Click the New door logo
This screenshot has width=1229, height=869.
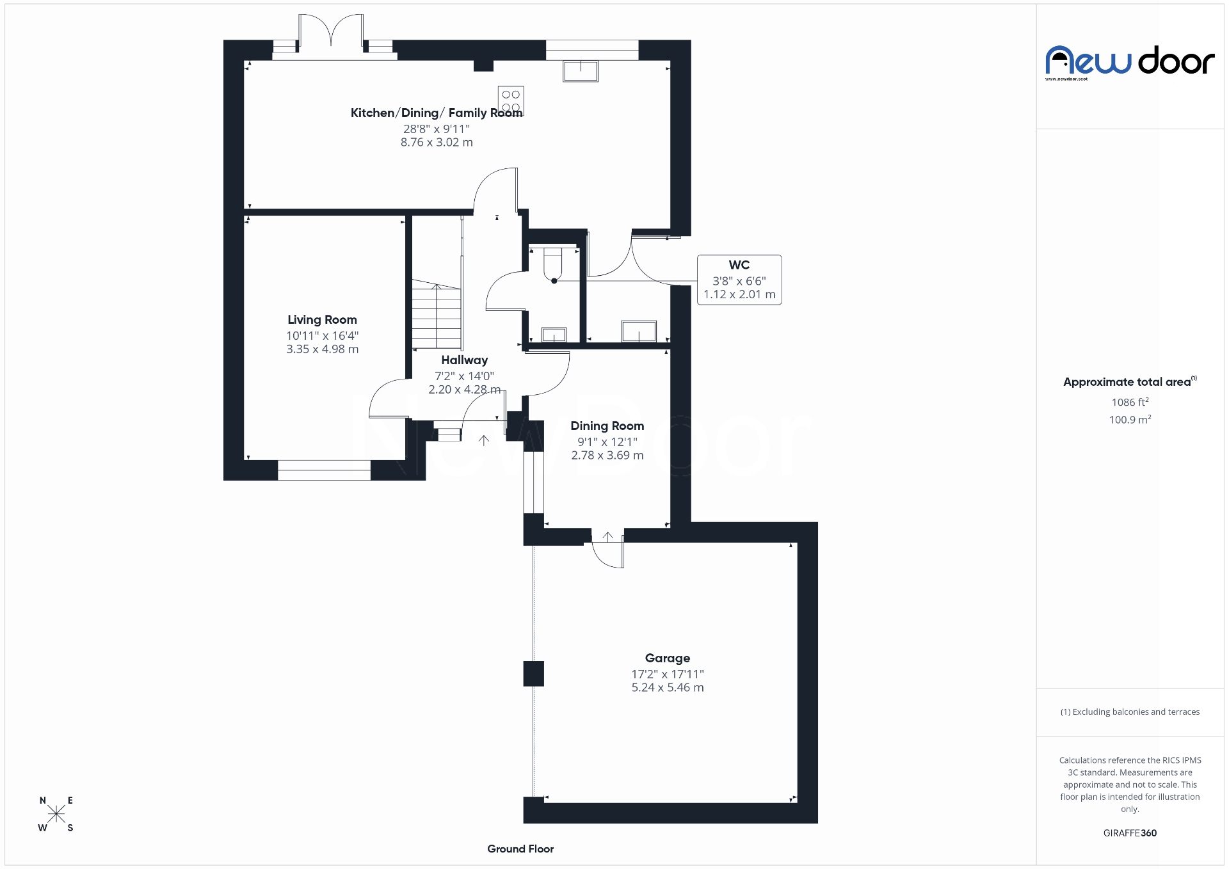pyautogui.click(x=1130, y=61)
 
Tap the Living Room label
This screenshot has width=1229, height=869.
pyautogui.click(x=322, y=320)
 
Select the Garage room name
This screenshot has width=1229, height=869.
pyautogui.click(x=667, y=658)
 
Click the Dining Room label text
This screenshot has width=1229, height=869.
pyautogui.click(x=607, y=426)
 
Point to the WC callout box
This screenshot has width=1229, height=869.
pyautogui.click(x=739, y=280)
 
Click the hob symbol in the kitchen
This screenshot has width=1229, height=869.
pyautogui.click(x=511, y=101)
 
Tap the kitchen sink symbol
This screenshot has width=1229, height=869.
pyautogui.click(x=581, y=70)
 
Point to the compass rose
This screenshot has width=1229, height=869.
pyautogui.click(x=56, y=814)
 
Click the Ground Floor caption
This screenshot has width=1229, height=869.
pyautogui.click(x=520, y=849)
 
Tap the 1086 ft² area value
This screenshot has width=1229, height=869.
pyautogui.click(x=1130, y=403)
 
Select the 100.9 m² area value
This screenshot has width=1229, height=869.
pyautogui.click(x=1130, y=420)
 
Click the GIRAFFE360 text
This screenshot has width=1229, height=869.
pyautogui.click(x=1130, y=833)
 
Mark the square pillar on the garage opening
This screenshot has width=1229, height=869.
pyautogui.click(x=533, y=674)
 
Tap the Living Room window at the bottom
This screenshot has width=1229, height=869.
pyautogui.click(x=324, y=470)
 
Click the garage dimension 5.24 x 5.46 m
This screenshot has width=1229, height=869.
pyautogui.click(x=667, y=688)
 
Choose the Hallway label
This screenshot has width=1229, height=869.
pyautogui.click(x=464, y=360)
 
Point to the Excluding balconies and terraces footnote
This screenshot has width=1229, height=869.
pyautogui.click(x=1130, y=712)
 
